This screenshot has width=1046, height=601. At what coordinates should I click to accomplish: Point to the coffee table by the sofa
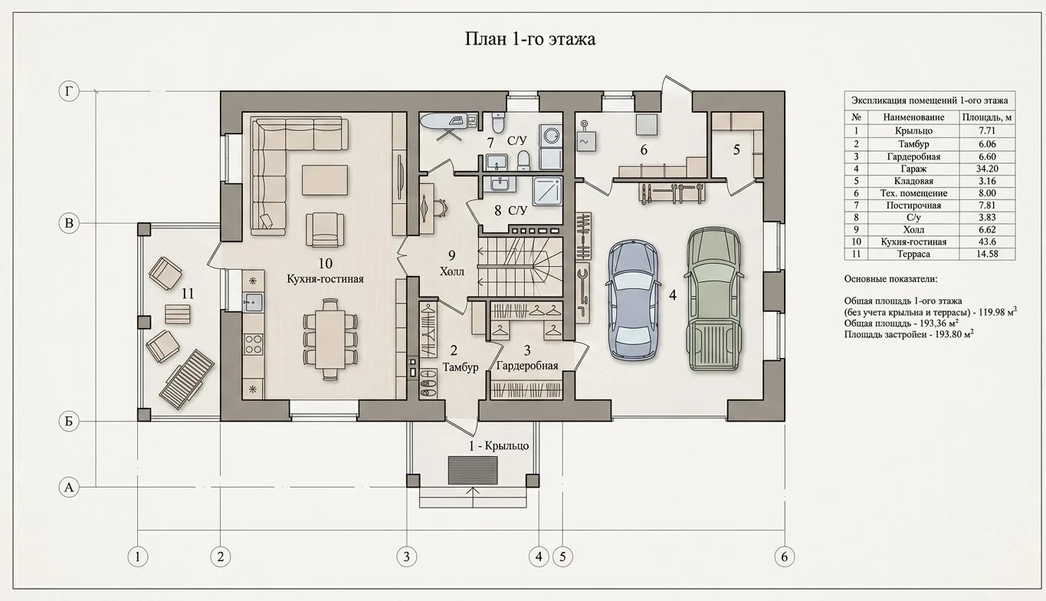[x=325, y=180]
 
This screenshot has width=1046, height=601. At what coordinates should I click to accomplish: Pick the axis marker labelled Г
[x=69, y=91]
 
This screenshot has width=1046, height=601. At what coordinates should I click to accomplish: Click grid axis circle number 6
[x=784, y=557]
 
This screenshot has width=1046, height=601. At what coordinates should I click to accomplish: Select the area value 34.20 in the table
[x=987, y=169]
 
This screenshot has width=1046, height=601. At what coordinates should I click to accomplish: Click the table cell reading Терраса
[x=913, y=254]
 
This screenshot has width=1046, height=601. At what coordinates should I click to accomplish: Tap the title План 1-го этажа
[x=530, y=39]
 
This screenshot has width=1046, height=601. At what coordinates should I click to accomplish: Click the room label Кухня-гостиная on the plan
[x=325, y=279]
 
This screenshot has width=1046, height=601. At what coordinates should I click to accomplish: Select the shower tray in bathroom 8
[x=547, y=191]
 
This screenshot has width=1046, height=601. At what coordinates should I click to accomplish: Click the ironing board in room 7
[x=444, y=123]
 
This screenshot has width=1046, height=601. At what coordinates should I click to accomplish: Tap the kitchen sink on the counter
[x=253, y=303]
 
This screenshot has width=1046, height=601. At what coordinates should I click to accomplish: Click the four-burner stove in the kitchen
[x=253, y=344]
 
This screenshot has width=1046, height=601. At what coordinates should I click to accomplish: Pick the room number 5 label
[x=736, y=149]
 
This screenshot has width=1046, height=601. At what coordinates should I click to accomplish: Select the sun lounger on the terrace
[x=187, y=379]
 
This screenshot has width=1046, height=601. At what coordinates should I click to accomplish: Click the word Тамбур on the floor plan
[x=461, y=367]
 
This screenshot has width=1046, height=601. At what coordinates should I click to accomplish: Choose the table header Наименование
[x=913, y=118]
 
